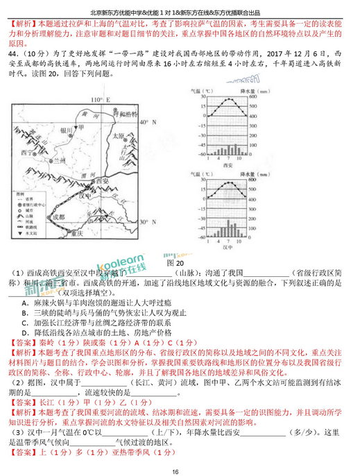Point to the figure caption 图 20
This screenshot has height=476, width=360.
point(178,263)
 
